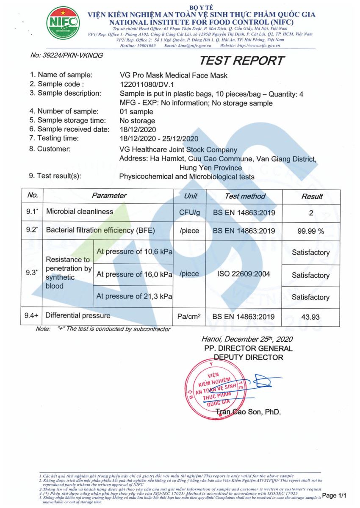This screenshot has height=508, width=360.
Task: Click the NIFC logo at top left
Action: point(63,22)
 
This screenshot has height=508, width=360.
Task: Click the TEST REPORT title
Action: point(241,61)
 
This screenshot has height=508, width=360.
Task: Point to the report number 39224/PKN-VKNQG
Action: point(66,55)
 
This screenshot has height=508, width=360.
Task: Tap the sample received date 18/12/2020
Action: point(138,129)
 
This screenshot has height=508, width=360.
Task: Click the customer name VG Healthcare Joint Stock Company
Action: point(178,150)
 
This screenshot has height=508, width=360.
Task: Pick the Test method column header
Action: point(245,196)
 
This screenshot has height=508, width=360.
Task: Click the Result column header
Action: point(312,196)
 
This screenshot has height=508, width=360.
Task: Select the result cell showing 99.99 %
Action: point(311,231)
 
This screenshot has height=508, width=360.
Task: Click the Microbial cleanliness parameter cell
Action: point(80,212)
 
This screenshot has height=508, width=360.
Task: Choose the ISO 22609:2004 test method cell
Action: point(244,274)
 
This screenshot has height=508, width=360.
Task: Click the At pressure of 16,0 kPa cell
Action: point(134,274)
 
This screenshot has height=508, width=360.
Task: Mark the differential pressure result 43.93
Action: point(311,317)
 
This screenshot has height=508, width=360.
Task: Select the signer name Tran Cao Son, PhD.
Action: point(248,412)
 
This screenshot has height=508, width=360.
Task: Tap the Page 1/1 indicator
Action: point(334,495)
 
